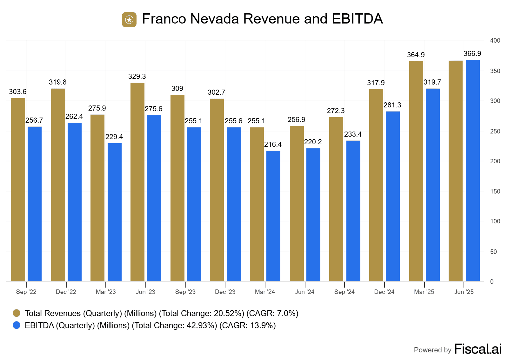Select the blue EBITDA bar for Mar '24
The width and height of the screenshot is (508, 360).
[273, 216]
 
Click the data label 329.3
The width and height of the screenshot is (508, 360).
[137, 77]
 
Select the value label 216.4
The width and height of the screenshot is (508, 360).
[273, 145]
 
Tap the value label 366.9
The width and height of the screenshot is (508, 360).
[472, 54]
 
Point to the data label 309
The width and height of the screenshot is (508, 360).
[177, 89]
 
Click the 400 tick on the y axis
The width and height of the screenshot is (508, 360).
[495, 41]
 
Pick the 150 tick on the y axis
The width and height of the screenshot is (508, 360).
[495, 192]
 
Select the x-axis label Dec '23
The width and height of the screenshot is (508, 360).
[225, 292]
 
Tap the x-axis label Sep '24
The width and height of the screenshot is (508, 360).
[344, 292]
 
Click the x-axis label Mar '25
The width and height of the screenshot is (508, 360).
[424, 292]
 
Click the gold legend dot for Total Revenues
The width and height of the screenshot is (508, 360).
[17, 313]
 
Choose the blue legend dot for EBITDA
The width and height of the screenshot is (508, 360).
[17, 325]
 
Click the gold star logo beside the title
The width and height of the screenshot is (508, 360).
[129, 20]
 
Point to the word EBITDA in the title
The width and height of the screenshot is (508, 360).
[358, 19]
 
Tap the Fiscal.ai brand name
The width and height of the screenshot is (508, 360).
[478, 349]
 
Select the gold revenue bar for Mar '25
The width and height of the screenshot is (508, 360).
[416, 171]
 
